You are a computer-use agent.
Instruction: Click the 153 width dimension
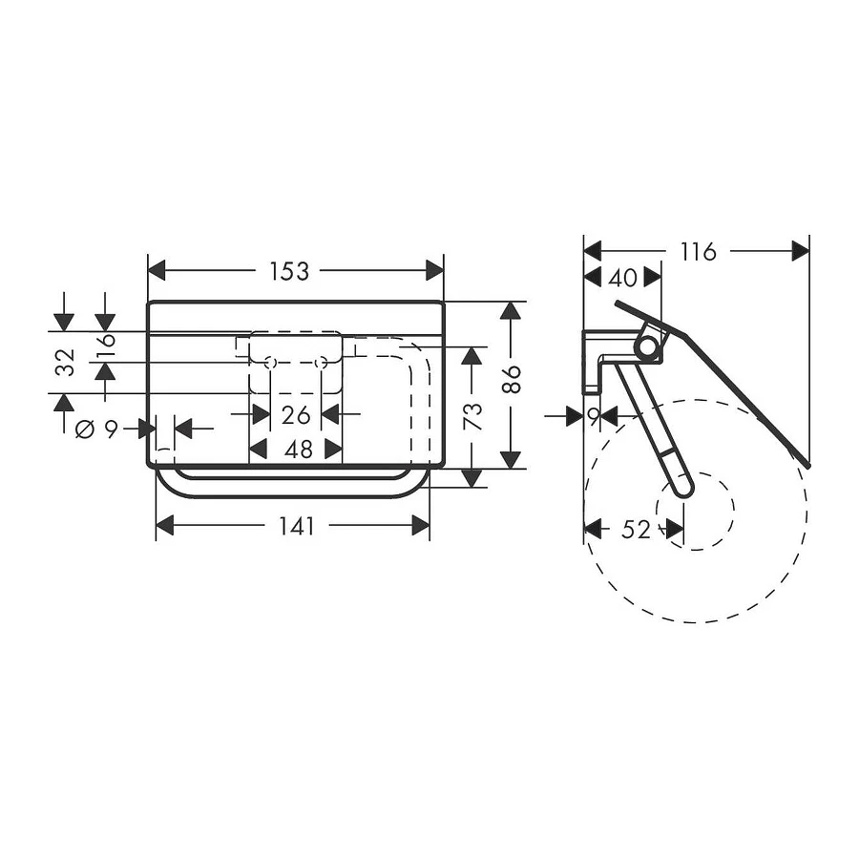[x=289, y=271]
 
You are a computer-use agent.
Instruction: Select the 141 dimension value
[x=297, y=527]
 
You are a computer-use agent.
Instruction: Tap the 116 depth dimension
[x=698, y=252]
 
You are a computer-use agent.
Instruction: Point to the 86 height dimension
[x=512, y=379]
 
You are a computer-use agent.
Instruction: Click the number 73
[x=472, y=416]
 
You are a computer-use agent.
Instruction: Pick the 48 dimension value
[x=299, y=450]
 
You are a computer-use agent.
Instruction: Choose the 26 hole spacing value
[x=296, y=415]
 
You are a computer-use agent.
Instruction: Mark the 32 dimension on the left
[x=65, y=362]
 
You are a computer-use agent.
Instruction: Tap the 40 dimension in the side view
[x=623, y=279]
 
